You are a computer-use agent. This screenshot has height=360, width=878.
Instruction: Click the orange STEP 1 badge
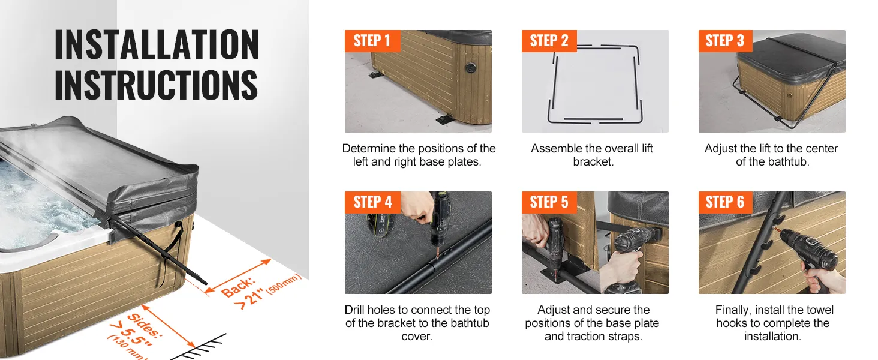click(372, 41)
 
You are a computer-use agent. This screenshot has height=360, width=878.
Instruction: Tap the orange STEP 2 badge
click(549, 41)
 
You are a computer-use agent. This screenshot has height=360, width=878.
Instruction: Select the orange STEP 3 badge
click(725, 41)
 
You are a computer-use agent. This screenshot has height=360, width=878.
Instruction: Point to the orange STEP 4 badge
click(372, 202)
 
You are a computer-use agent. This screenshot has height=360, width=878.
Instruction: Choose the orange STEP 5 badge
click(549, 202)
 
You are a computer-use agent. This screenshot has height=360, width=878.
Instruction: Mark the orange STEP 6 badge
click(725, 202)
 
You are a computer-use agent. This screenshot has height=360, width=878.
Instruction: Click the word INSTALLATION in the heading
click(157, 44)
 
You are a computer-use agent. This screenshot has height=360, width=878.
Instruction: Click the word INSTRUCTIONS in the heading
click(156, 85)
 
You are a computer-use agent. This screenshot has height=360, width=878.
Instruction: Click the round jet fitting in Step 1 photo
click(470, 67)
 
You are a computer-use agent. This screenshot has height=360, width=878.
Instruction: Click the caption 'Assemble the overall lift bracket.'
click(592, 155)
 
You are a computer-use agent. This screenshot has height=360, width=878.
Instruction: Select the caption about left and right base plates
click(418, 155)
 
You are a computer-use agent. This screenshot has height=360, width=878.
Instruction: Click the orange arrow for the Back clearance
click(238, 275)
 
